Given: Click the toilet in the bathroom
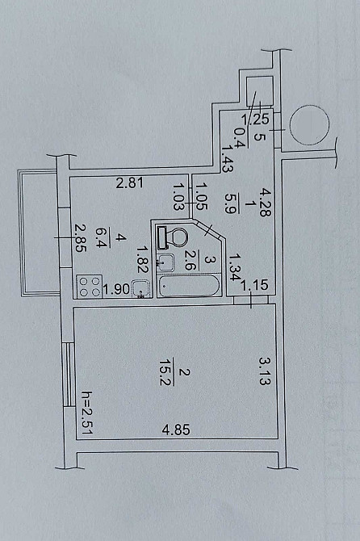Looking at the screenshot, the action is [173, 237].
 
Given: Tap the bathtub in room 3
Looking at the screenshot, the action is [189, 285].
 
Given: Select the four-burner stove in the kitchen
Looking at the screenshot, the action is [90, 287].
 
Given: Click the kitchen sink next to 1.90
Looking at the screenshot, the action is [141, 289].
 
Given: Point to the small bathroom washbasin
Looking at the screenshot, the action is [165, 262].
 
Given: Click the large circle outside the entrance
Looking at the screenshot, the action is [308, 125].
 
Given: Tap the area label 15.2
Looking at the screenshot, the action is [167, 372].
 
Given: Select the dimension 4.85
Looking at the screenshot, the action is [176, 430].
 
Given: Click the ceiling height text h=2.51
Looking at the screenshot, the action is [86, 413].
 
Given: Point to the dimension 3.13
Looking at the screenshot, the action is [266, 371].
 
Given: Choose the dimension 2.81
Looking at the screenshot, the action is [129, 182].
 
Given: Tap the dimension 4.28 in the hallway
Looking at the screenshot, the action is [266, 202].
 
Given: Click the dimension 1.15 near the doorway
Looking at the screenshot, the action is [254, 285].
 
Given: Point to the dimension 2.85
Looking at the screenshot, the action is [80, 238].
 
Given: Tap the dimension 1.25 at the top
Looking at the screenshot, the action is [255, 119].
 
